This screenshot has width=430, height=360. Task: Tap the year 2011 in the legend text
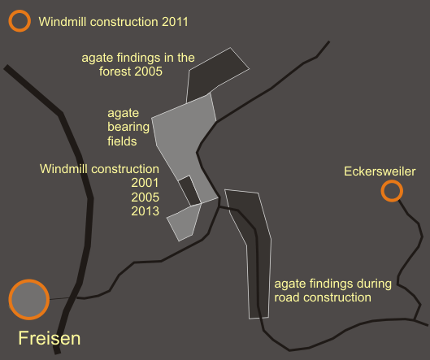[175, 22]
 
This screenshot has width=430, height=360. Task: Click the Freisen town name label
[50, 338]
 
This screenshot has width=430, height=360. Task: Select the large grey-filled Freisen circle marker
[29, 299]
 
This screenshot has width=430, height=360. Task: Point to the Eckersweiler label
[380, 171]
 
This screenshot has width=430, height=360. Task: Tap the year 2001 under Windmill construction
[145, 183]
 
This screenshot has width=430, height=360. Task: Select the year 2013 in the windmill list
[145, 211]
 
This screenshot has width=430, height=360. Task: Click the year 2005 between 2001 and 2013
[145, 197]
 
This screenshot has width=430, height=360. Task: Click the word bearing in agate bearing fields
[128, 128]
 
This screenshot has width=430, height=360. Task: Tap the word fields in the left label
[122, 141]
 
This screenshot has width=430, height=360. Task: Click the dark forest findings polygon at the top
[214, 74]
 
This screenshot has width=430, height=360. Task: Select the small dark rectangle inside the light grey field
[189, 190]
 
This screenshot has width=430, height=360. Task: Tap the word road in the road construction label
[286, 297]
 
